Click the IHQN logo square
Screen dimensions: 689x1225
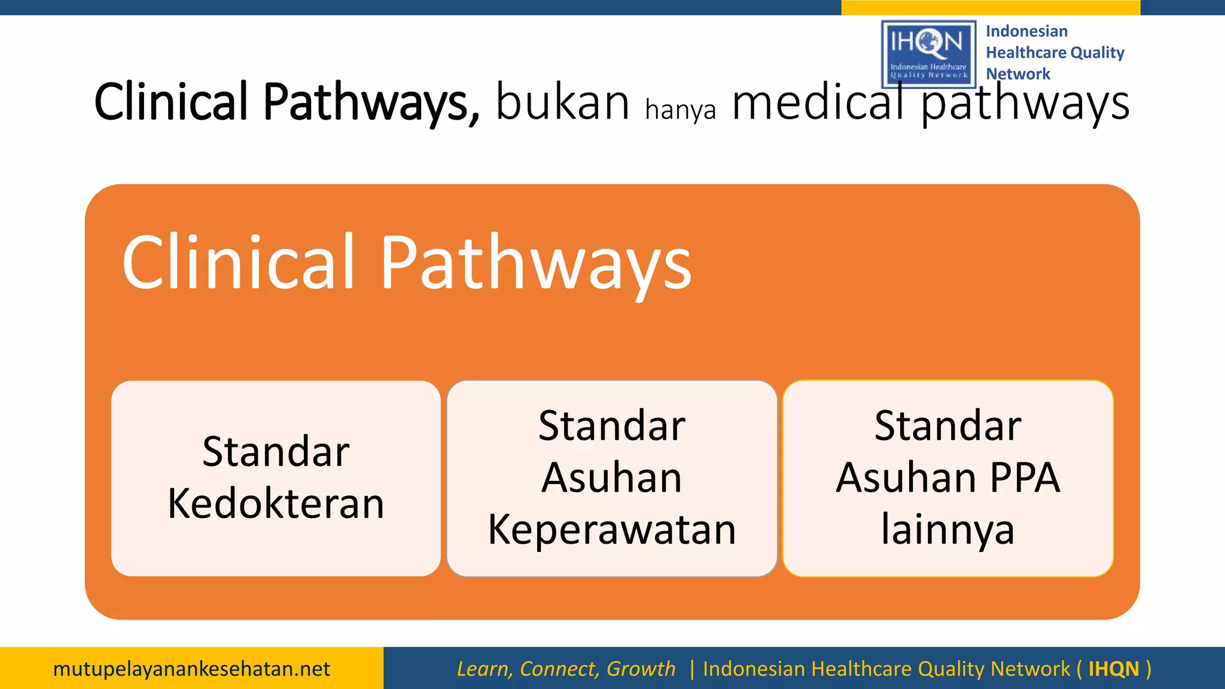tap(928, 54)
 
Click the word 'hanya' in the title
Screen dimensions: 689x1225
tap(681, 110)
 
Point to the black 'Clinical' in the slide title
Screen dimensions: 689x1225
tap(171, 102)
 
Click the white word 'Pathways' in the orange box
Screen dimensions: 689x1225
tap(535, 263)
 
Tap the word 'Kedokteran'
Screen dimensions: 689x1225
tap(276, 504)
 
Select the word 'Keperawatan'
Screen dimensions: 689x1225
tap(612, 529)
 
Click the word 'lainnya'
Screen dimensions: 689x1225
tap(947, 529)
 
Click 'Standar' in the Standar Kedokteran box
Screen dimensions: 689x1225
tap(276, 452)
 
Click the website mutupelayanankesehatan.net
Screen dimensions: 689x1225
tap(191, 669)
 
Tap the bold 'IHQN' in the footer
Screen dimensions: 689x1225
tap(1113, 669)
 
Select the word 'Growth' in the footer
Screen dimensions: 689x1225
tap(641, 669)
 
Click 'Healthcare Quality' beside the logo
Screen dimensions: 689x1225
tap(1055, 53)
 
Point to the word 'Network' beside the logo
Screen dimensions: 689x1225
tap(1018, 74)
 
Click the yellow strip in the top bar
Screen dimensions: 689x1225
tap(991, 7)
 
